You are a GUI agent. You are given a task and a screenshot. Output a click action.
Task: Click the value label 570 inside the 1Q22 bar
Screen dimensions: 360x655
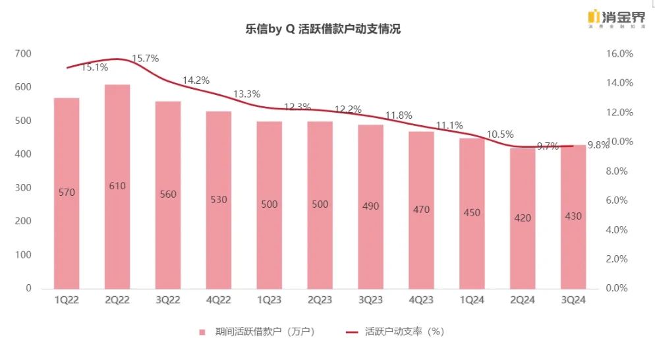67,193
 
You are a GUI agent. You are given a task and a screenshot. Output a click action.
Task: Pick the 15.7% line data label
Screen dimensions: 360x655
146,59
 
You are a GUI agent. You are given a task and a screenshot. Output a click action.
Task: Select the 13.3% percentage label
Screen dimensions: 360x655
246,94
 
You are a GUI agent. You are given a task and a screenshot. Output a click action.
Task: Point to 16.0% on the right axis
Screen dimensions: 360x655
619,53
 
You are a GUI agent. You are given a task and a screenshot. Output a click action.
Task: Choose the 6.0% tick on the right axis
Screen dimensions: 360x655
619,200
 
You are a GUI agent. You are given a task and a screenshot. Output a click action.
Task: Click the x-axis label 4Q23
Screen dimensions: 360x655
421,301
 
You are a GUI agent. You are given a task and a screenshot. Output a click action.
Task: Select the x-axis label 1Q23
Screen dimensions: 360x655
269,301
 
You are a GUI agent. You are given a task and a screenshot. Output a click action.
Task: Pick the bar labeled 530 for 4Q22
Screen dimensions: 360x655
218,200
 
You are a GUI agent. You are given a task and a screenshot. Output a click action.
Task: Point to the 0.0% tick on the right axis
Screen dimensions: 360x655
619,289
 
